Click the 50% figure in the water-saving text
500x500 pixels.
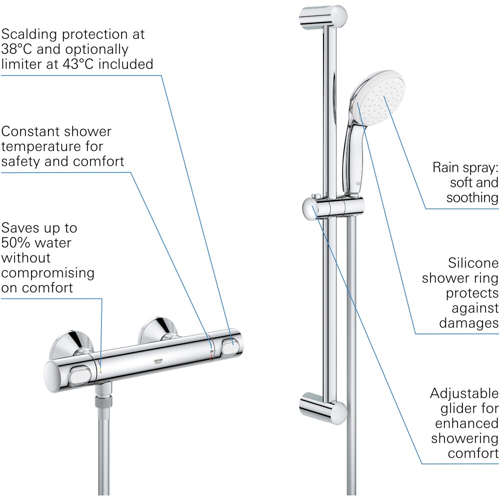[x=16, y=243]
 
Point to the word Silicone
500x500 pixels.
[x=473, y=263]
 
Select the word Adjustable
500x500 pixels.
[x=464, y=393]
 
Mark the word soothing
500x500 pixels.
[x=472, y=197]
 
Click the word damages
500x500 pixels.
[x=468, y=323]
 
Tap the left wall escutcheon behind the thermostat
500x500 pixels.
[x=73, y=345]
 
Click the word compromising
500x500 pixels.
[x=47, y=273]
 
